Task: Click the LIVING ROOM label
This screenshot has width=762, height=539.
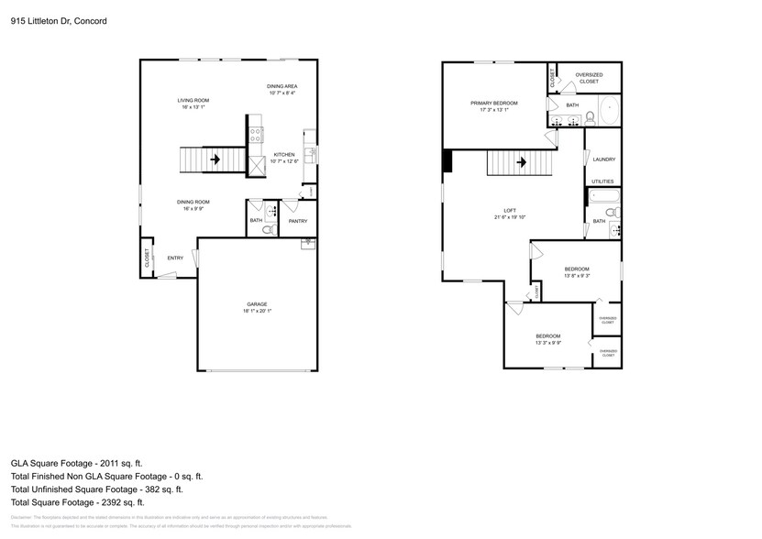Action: [x=193, y=100]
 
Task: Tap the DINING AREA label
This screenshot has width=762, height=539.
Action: [x=282, y=86]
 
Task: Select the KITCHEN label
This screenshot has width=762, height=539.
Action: [x=284, y=155]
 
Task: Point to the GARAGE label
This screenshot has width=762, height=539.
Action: [x=257, y=304]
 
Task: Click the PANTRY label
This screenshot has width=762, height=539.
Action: [x=298, y=221]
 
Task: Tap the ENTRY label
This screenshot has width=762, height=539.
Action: [x=174, y=258]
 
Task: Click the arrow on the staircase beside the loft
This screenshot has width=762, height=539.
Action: [x=522, y=163]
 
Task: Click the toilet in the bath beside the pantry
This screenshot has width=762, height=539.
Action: [x=267, y=229]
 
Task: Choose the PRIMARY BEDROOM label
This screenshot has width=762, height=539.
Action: [x=493, y=104]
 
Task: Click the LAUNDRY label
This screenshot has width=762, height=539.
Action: [x=603, y=159]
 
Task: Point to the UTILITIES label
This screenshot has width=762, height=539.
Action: [x=602, y=181]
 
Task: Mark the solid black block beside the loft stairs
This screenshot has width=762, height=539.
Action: [x=447, y=161]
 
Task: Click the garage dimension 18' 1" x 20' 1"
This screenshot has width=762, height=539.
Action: [x=257, y=311]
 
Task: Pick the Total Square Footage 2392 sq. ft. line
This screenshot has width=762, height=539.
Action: [x=77, y=502]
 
